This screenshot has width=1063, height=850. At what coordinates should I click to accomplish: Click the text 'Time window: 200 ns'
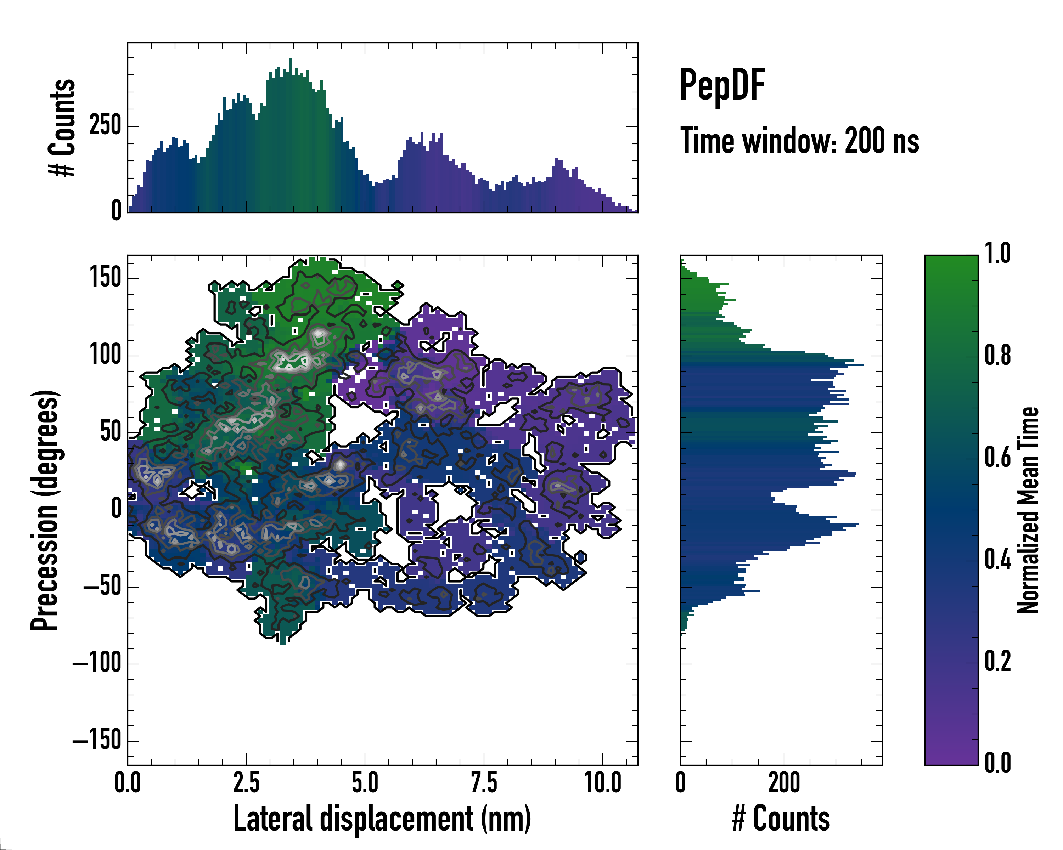click(799, 141)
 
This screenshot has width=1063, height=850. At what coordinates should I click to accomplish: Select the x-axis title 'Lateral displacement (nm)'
click(382, 818)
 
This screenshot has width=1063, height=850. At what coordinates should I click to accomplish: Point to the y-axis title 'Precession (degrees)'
click(45, 510)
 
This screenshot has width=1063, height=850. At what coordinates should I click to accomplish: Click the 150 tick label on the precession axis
click(106, 277)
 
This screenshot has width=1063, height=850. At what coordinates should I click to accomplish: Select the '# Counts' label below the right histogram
click(781, 818)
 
